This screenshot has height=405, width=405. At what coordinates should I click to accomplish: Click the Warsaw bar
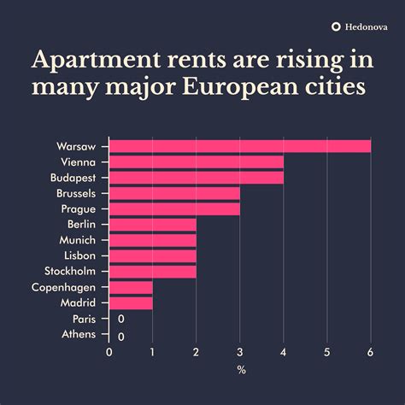point(240,146)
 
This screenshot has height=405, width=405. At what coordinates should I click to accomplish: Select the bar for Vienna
point(197,161)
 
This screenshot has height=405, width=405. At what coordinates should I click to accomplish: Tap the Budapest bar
point(197,178)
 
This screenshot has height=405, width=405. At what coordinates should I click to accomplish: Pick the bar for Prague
point(174,208)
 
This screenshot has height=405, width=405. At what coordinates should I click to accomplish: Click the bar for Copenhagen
point(131,287)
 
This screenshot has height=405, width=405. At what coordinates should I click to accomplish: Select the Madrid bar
point(131,302)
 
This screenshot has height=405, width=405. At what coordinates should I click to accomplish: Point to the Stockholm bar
point(153,271)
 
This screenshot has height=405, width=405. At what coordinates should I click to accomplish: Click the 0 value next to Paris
point(120,319)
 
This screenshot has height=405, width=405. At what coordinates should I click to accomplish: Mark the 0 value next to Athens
point(120,336)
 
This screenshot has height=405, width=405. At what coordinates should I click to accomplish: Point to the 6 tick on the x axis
point(370,352)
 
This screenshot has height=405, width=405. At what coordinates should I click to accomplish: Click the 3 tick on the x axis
point(239,352)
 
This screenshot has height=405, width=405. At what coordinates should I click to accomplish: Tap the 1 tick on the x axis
point(152,352)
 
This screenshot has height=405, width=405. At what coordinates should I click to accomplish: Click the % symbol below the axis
point(240,369)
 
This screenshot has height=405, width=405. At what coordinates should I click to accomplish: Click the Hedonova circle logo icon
point(336,26)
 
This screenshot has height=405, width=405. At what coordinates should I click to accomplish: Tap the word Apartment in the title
point(92,60)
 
